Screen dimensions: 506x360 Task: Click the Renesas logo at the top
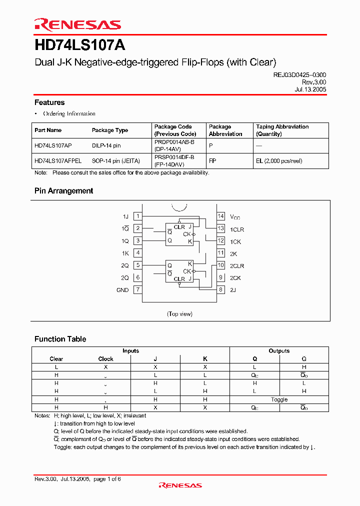(77, 24)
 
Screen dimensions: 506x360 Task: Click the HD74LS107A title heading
(80, 45)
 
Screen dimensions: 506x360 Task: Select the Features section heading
(49, 102)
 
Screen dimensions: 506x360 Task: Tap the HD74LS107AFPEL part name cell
(58, 161)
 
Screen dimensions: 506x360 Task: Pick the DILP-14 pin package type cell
(106, 145)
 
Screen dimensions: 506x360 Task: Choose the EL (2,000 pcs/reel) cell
(279, 161)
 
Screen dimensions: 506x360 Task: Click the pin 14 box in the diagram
(220, 216)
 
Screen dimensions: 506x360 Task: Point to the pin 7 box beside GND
(137, 289)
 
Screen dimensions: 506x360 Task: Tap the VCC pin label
(235, 217)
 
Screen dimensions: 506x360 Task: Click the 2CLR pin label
(237, 266)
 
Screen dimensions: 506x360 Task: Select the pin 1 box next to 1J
(137, 216)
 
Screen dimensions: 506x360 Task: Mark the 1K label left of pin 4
(125, 253)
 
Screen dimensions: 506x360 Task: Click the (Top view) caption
(179, 314)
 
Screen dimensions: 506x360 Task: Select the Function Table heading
(60, 339)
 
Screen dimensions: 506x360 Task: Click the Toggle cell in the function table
(279, 399)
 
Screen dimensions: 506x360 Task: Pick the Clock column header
(105, 359)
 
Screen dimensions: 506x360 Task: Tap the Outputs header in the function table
(279, 351)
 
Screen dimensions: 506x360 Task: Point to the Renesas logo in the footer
(180, 485)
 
